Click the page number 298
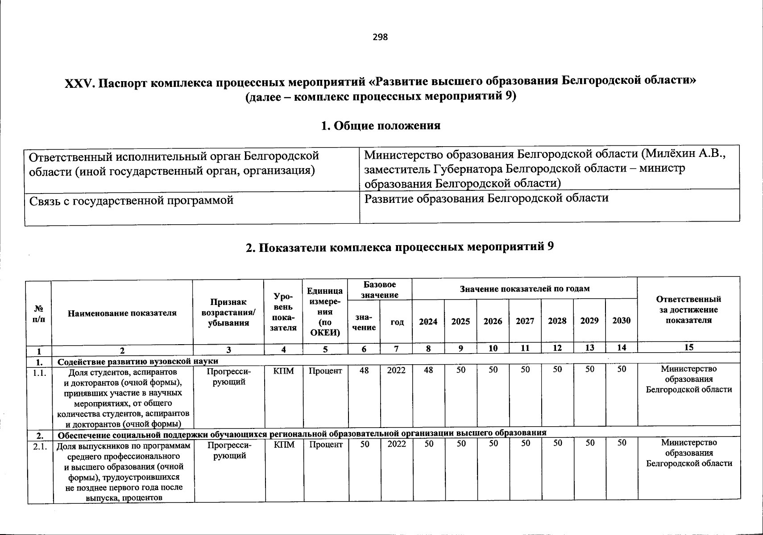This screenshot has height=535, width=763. tap(380, 37)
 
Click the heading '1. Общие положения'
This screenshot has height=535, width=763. tap(381, 126)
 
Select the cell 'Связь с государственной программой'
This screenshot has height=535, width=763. tap(132, 201)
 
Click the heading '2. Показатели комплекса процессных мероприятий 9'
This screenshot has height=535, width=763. tap(400, 247)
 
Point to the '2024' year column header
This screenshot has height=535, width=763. tap(428, 321)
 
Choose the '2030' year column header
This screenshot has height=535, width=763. tap(621, 321)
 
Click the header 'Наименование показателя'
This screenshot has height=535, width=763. tap(122, 313)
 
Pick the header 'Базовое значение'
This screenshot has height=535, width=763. tap(379, 289)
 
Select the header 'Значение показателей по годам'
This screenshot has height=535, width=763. tap(524, 289)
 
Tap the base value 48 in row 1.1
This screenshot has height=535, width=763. tap(364, 370)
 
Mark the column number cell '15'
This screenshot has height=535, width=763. tap(688, 348)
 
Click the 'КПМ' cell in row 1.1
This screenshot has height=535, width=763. tap(284, 370)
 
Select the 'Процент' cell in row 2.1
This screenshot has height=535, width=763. tap(325, 444)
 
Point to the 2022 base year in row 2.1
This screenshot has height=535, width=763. tap(396, 444)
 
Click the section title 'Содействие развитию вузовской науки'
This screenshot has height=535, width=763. tap(138, 361)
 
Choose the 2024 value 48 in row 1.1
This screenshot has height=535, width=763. tap(428, 370)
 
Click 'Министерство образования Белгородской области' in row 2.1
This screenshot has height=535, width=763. tap(688, 453)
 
